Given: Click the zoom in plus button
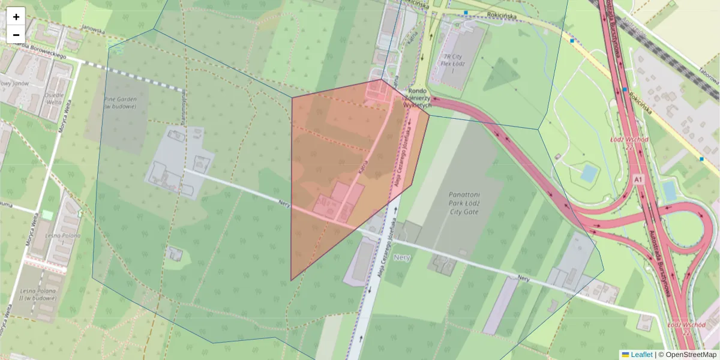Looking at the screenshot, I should coord(16,17).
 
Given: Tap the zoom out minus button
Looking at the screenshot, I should coord(16,35).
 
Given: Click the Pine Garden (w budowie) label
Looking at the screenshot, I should coord(121,102).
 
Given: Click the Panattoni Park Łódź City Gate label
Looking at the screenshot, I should coord(472,203).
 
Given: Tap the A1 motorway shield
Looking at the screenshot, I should coord(637,179).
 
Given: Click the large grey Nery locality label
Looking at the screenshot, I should coord(402,257).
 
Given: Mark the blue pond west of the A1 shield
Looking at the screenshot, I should coord(589,173).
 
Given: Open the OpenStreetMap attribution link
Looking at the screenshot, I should coord(691,355).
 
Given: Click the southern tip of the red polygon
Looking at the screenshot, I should coord(292,280).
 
